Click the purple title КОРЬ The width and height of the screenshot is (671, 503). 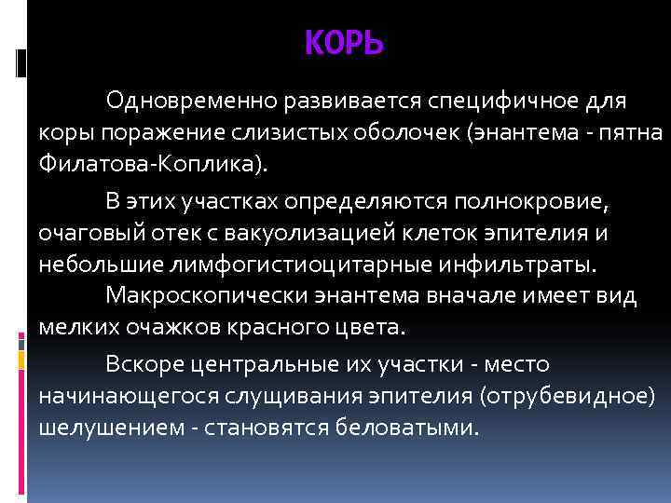[343, 44]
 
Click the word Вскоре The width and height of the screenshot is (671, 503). [140, 362]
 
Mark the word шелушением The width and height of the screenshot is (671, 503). [94, 428]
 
